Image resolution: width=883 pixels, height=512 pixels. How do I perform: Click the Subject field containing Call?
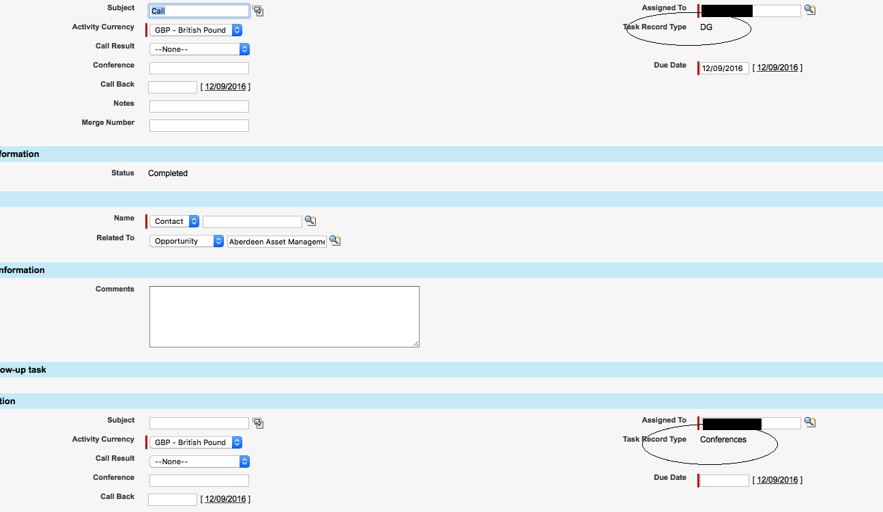[x=199, y=11]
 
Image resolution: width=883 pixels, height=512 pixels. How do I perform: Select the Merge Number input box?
[x=199, y=126]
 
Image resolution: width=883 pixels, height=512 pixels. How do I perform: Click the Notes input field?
[x=199, y=106]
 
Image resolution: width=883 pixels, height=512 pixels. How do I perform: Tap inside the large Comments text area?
[x=284, y=317]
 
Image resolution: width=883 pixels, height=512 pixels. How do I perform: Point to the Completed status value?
[x=168, y=173]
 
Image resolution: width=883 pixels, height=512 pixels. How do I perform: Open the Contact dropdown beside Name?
[x=175, y=221]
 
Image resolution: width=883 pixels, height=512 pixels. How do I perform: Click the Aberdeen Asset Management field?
[x=276, y=242]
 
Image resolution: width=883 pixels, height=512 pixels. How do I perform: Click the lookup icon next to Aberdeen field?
[x=335, y=241]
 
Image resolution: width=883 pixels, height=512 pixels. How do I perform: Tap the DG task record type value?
[x=706, y=27]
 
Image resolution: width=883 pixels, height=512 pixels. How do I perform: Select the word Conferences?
[x=723, y=440]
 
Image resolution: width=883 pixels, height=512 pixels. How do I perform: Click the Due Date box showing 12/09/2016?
[x=723, y=68]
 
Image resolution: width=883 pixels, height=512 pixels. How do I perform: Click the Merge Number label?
[x=108, y=123]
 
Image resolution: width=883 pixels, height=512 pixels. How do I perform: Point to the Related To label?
[x=115, y=238]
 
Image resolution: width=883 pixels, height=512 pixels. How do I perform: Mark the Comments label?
[x=115, y=289]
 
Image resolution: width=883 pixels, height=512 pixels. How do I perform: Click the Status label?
[x=123, y=173]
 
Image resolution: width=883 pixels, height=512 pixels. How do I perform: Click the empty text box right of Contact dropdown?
[x=252, y=222]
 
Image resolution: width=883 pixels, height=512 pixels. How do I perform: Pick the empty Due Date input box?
[x=724, y=481]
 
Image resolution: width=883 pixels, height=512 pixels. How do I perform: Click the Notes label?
[x=124, y=104]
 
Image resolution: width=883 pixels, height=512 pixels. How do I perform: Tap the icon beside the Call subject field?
[x=258, y=11]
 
